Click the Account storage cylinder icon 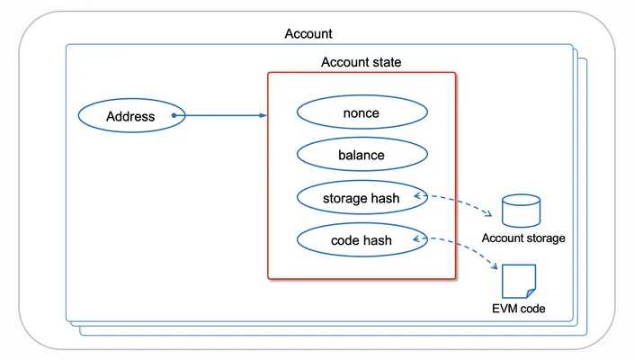(x=521, y=211)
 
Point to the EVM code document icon (x=519, y=282)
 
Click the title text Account (x=308, y=33)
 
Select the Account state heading (x=362, y=62)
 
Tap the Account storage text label (x=523, y=238)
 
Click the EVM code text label (x=518, y=309)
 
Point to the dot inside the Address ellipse (x=174, y=115)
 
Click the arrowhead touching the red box (x=263, y=115)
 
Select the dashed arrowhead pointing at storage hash (x=417, y=196)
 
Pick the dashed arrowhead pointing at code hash (x=417, y=239)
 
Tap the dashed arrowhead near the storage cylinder (x=488, y=213)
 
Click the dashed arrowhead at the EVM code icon (x=494, y=265)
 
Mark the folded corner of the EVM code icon (x=531, y=293)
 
